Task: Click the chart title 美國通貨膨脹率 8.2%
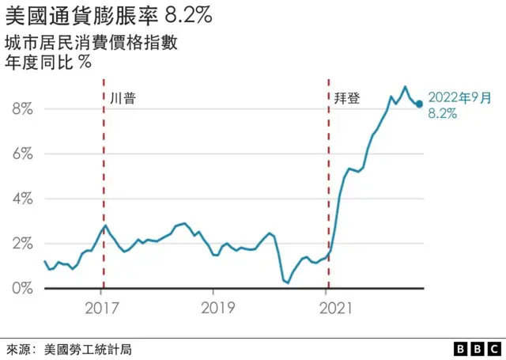point(108,14)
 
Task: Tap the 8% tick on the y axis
point(21,109)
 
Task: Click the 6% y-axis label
point(21,153)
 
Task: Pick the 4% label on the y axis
point(21,199)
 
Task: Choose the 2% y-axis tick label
point(21,244)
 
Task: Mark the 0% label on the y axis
point(21,288)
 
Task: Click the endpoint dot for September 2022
point(419,104)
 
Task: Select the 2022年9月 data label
point(459,98)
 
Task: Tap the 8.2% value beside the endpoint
point(442,114)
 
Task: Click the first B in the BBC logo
point(461,349)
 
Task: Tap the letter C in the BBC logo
point(494,349)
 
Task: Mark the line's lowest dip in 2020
point(288,282)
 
